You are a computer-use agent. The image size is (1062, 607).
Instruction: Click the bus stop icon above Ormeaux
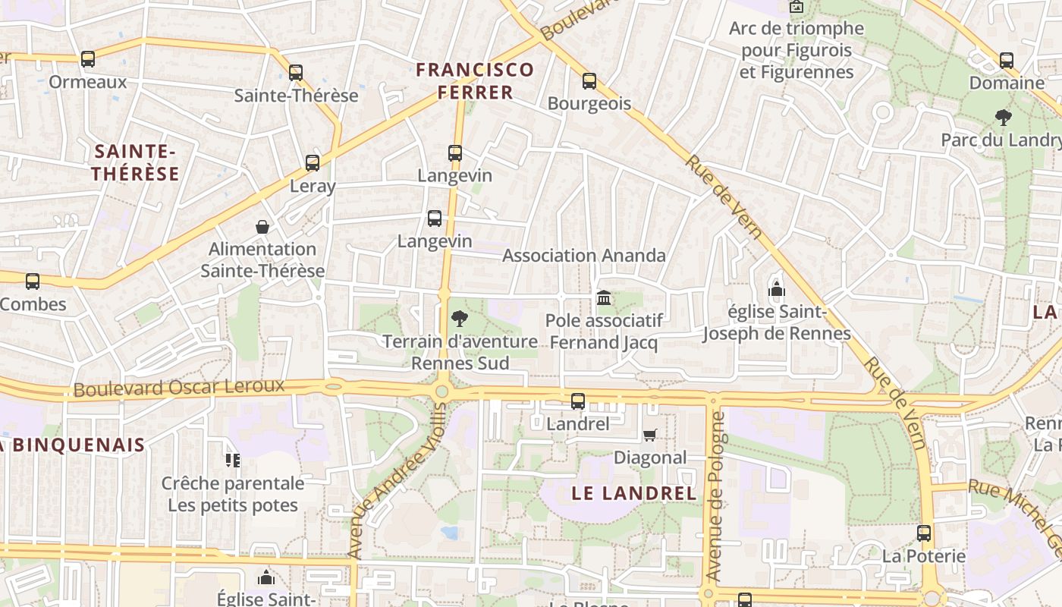pos(88,59)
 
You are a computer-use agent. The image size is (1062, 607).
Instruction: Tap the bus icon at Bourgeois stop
pos(589,81)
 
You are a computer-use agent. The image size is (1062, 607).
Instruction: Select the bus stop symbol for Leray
pos(313,163)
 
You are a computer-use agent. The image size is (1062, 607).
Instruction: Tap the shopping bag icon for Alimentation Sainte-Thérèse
pos(262,227)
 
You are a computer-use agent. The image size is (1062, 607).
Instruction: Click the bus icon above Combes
pos(33,281)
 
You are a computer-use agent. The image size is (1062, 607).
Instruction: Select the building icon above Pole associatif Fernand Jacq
pos(604,297)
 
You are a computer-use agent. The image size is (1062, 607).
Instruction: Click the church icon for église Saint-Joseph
pos(776,289)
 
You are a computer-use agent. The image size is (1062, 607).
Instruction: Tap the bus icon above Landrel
pos(578,401)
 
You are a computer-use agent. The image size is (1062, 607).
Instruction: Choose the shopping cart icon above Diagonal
pos(649,435)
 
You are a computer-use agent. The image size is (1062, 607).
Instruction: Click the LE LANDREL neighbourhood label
pos(633,493)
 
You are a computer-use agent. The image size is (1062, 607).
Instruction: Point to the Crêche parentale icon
pos(232,460)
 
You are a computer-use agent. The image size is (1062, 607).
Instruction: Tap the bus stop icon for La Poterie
pos(924,533)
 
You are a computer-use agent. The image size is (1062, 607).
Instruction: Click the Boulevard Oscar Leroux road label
pos(179,388)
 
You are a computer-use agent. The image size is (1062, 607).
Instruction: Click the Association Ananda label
pos(584,256)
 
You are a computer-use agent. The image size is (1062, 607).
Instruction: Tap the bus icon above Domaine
pos(1007,61)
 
